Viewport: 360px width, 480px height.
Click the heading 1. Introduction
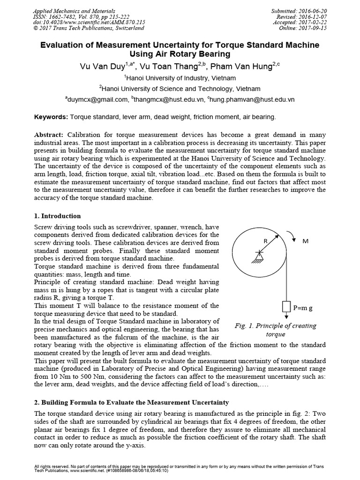[x=58, y=216]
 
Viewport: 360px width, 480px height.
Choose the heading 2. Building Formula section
[x=132, y=402]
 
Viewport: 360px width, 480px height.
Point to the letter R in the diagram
[x=265, y=240]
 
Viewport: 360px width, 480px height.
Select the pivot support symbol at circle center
[x=257, y=255]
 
